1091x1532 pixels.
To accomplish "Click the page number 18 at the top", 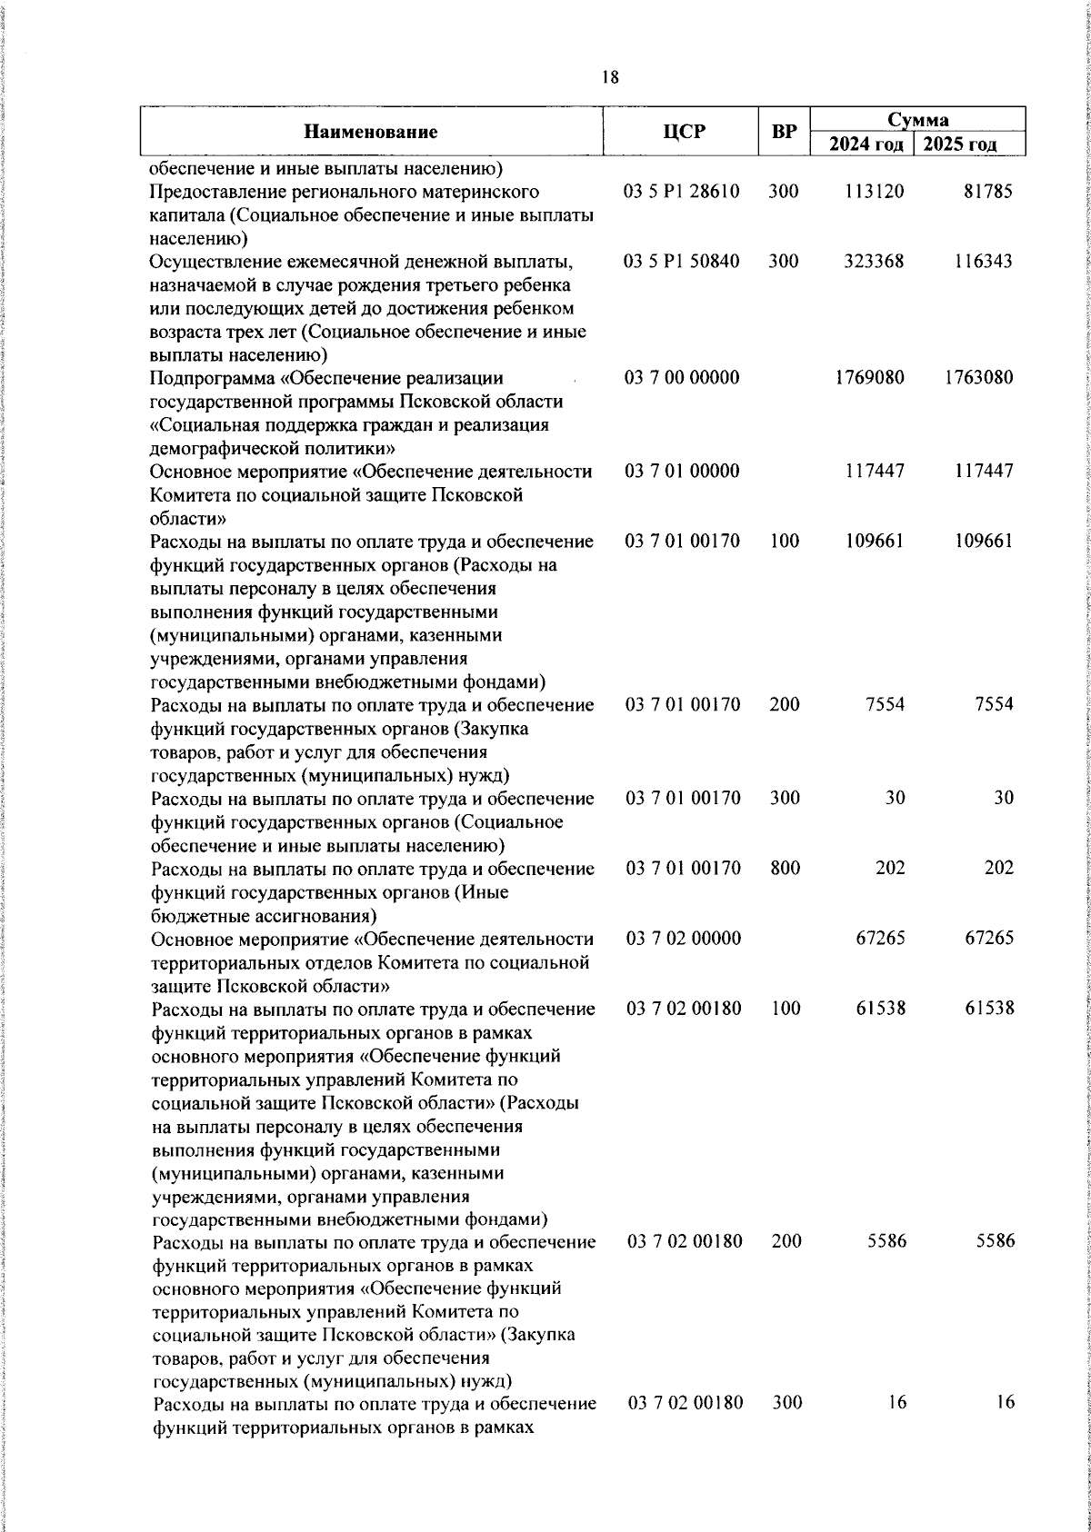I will [x=610, y=78].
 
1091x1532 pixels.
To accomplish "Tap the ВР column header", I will [x=784, y=133].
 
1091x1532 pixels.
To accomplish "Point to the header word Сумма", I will [x=918, y=120].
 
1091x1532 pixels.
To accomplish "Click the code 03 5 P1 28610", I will [x=682, y=192].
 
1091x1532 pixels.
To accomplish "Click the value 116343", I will [x=983, y=262].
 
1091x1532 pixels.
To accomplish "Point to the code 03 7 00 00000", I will [x=682, y=378].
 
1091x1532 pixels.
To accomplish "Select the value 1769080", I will [x=870, y=378].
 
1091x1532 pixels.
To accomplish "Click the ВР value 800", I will [x=785, y=868].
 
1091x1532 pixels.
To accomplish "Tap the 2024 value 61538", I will [x=880, y=1009].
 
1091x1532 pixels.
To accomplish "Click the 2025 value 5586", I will [x=995, y=1241].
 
